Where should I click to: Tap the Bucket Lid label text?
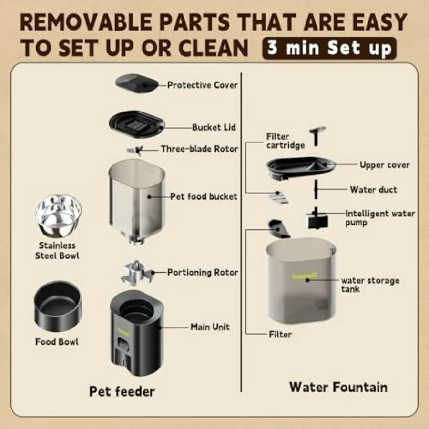click(214, 127)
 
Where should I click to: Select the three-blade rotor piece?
click(135, 150)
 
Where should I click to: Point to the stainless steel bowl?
click(58, 214)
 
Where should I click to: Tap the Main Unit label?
click(210, 327)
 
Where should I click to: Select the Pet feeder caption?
click(122, 391)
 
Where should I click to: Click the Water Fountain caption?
click(338, 387)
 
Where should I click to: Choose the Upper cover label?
click(384, 165)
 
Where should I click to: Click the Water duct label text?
click(373, 190)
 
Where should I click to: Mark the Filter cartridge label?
click(285, 141)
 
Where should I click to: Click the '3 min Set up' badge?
click(329, 48)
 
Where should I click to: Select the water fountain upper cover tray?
click(301, 168)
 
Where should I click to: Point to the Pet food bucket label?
click(204, 196)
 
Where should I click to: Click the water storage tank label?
click(370, 285)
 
